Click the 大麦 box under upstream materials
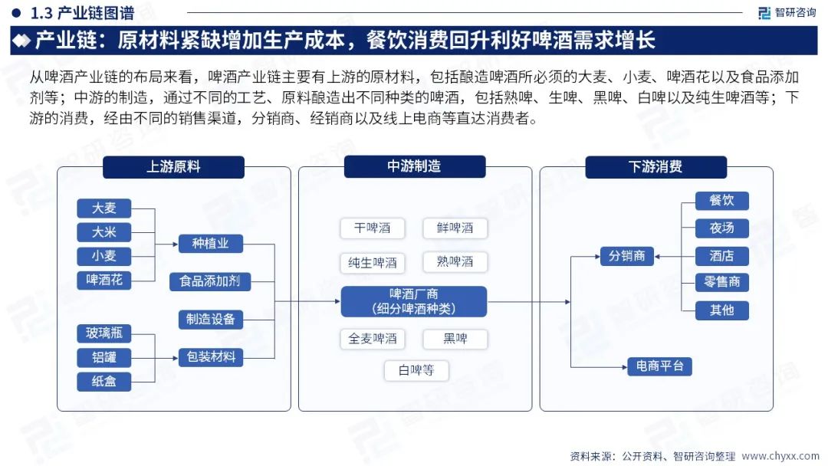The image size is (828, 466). click(x=104, y=208)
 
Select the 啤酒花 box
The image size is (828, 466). click(x=104, y=280)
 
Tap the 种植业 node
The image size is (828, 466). click(x=210, y=244)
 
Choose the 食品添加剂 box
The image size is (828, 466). click(x=210, y=281)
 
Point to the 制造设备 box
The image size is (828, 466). click(x=210, y=319)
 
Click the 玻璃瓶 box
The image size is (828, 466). click(x=104, y=333)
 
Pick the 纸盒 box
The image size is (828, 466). click(x=104, y=381)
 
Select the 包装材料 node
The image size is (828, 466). click(x=210, y=356)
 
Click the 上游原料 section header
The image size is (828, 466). click(x=173, y=167)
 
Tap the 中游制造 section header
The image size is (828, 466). click(x=414, y=167)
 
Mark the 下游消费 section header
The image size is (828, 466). click(x=655, y=167)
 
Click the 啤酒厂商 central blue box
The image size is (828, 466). click(x=414, y=301)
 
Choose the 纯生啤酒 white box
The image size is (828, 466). click(x=373, y=262)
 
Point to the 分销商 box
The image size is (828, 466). click(x=626, y=256)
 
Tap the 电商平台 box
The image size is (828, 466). click(x=659, y=366)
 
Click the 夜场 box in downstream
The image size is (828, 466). click(x=721, y=228)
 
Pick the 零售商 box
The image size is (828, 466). click(x=721, y=282)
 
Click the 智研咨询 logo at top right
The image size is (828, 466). click(x=786, y=12)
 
